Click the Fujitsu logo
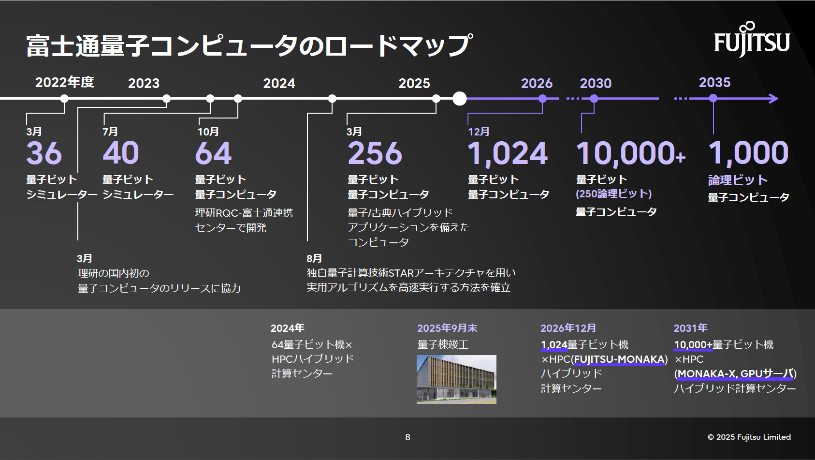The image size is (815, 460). point(752,41)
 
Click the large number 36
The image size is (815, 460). point(44,153)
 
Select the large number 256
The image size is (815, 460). point(375,153)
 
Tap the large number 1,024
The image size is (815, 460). point(508,153)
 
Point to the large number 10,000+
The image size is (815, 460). point(630,153)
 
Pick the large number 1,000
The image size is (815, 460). point(748,153)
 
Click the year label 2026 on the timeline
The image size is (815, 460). point(537,83)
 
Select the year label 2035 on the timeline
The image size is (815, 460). point(714,82)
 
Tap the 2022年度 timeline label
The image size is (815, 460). point(65,82)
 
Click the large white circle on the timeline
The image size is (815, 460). point(460,99)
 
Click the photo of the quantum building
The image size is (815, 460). point(456,379)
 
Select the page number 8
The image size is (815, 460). point(407,437)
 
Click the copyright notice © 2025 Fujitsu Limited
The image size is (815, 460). point(749,437)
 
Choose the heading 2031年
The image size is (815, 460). point(690,328)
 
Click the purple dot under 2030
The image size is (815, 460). point(594,99)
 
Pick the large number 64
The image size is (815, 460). point(213,153)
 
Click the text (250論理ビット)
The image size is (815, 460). point(613,194)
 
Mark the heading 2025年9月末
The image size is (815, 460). point(447,328)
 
